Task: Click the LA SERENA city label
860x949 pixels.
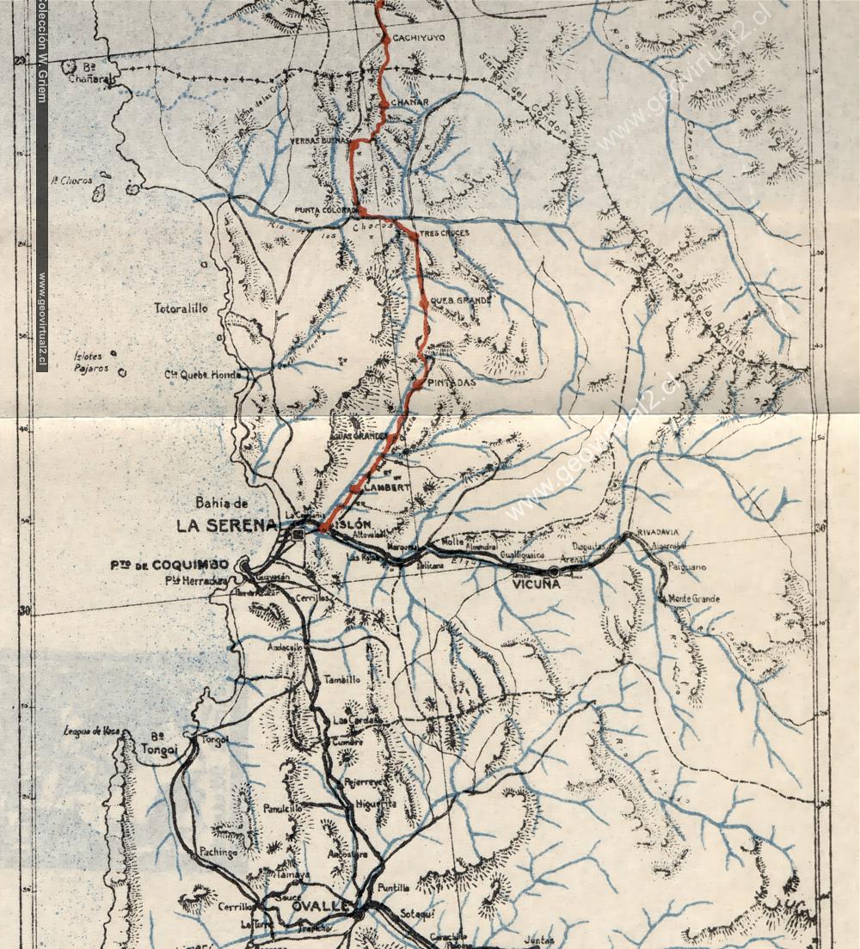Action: point(227,525)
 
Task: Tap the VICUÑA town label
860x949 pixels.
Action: point(536,585)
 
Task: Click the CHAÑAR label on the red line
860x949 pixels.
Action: point(409,102)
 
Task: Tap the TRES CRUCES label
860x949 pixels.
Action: point(445,233)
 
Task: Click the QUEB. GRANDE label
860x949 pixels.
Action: point(461,301)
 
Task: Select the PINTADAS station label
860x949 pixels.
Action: point(451,383)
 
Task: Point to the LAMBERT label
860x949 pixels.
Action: point(388,487)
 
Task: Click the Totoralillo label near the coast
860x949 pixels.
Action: point(181,308)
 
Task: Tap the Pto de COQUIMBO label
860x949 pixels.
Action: point(169,565)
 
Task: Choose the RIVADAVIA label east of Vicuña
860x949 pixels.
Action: point(658,532)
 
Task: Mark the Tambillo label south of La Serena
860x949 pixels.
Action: point(341,680)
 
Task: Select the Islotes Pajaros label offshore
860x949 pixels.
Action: point(91,362)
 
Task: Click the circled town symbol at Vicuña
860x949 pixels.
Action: point(553,572)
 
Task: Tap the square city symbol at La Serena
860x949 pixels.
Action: point(298,535)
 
